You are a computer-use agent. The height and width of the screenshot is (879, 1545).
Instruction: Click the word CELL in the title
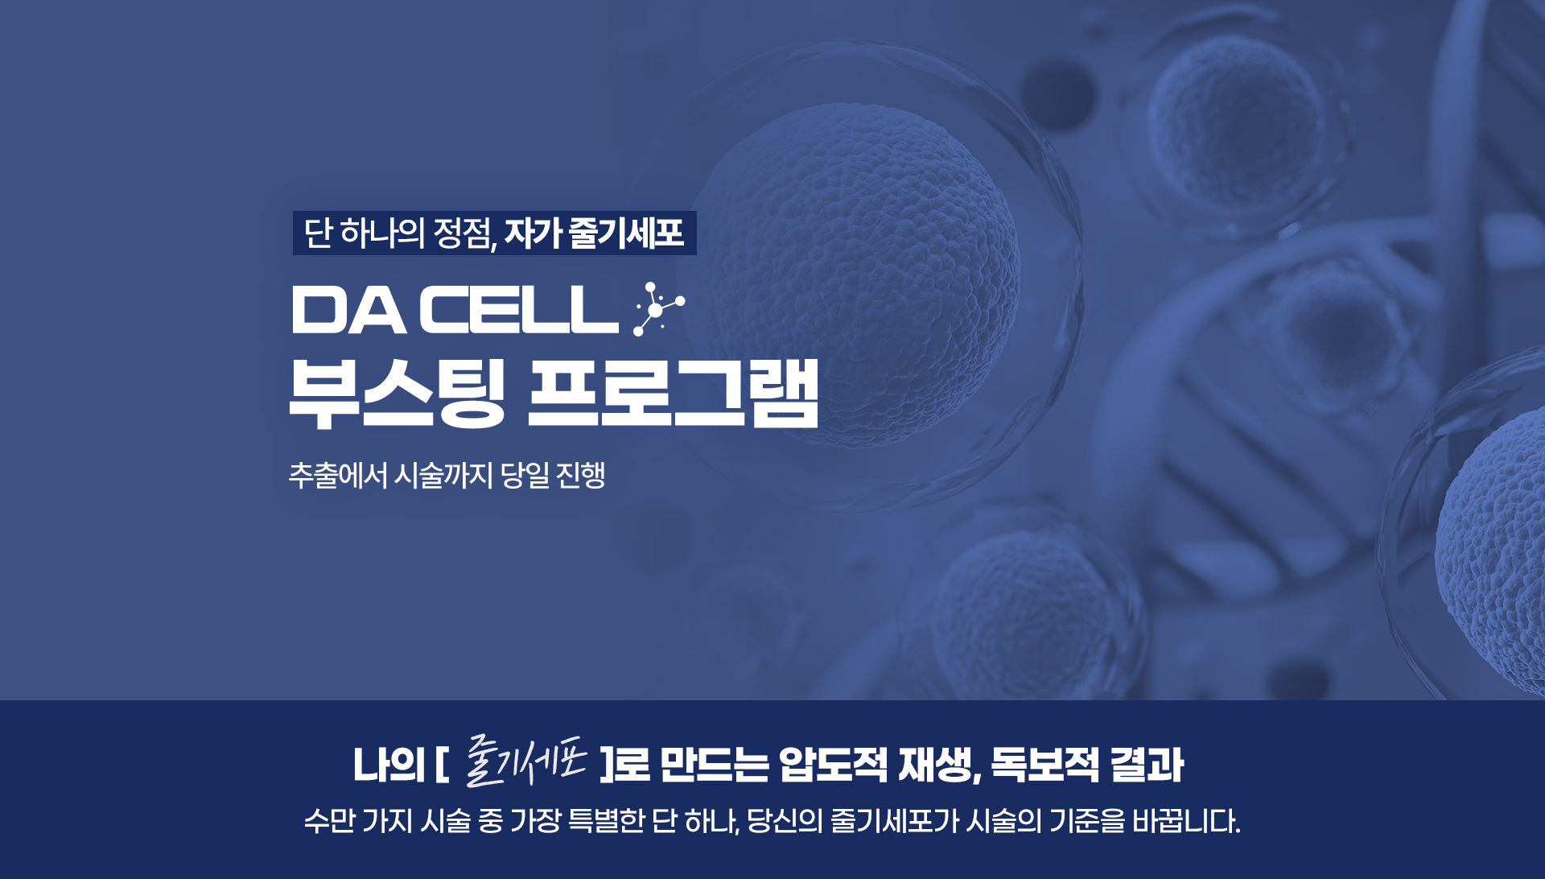pos(518,310)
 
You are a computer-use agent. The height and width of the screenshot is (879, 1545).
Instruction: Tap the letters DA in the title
pos(348,310)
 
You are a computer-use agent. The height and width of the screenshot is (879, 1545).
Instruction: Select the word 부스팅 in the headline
pos(396,394)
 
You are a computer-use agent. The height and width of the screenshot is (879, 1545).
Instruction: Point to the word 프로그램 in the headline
pos(673,394)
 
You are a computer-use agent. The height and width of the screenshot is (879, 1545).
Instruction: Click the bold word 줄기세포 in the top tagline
pos(626,233)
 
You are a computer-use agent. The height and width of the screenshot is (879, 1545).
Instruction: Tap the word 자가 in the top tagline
pos(533,233)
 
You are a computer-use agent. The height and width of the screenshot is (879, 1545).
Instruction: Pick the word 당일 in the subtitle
pos(525,475)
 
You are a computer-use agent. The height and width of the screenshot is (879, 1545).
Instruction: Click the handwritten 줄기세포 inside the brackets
pos(526,761)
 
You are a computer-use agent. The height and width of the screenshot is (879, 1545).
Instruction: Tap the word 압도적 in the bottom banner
pos(833,764)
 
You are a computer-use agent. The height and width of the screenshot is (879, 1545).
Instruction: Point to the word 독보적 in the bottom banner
pos(1044,764)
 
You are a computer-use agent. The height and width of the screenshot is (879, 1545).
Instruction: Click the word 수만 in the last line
pos(329,821)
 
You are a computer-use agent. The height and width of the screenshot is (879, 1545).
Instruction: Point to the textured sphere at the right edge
pos(1497,547)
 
